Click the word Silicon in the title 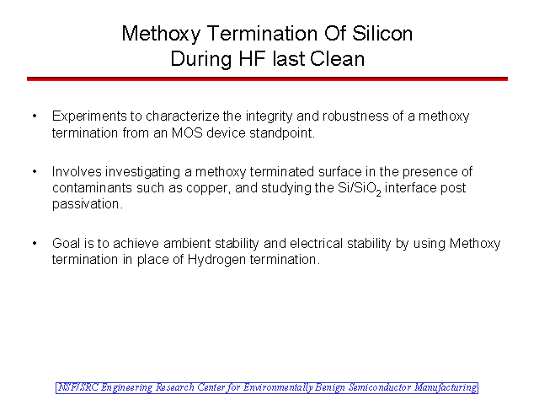(382, 34)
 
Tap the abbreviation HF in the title (252, 58)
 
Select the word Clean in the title (337, 58)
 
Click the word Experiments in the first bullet (89, 116)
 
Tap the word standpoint (282, 133)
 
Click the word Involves (77, 171)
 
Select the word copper (208, 189)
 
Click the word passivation (88, 204)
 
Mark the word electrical (317, 244)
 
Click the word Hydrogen (216, 260)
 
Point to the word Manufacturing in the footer (446, 388)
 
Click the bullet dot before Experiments (35, 116)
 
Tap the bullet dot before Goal (35, 244)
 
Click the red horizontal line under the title (267, 78)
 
